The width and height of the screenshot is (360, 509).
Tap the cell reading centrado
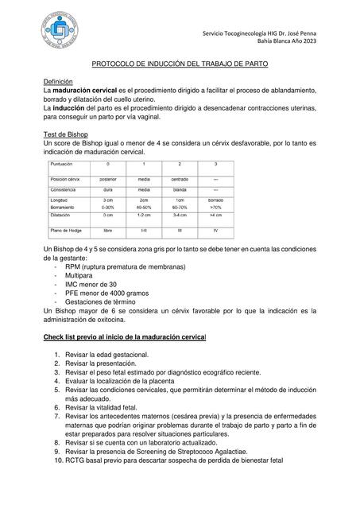click(180, 180)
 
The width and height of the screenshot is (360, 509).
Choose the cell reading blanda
click(180, 190)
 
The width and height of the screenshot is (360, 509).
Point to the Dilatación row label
click(61, 215)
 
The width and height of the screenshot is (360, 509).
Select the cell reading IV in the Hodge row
click(215, 231)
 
